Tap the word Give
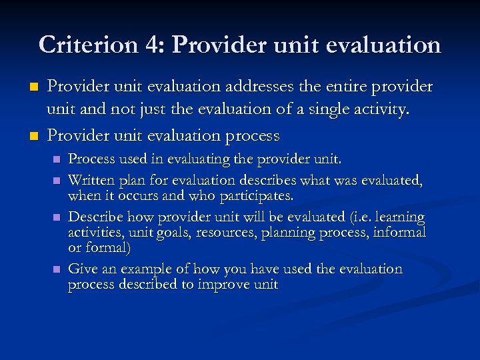83,269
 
